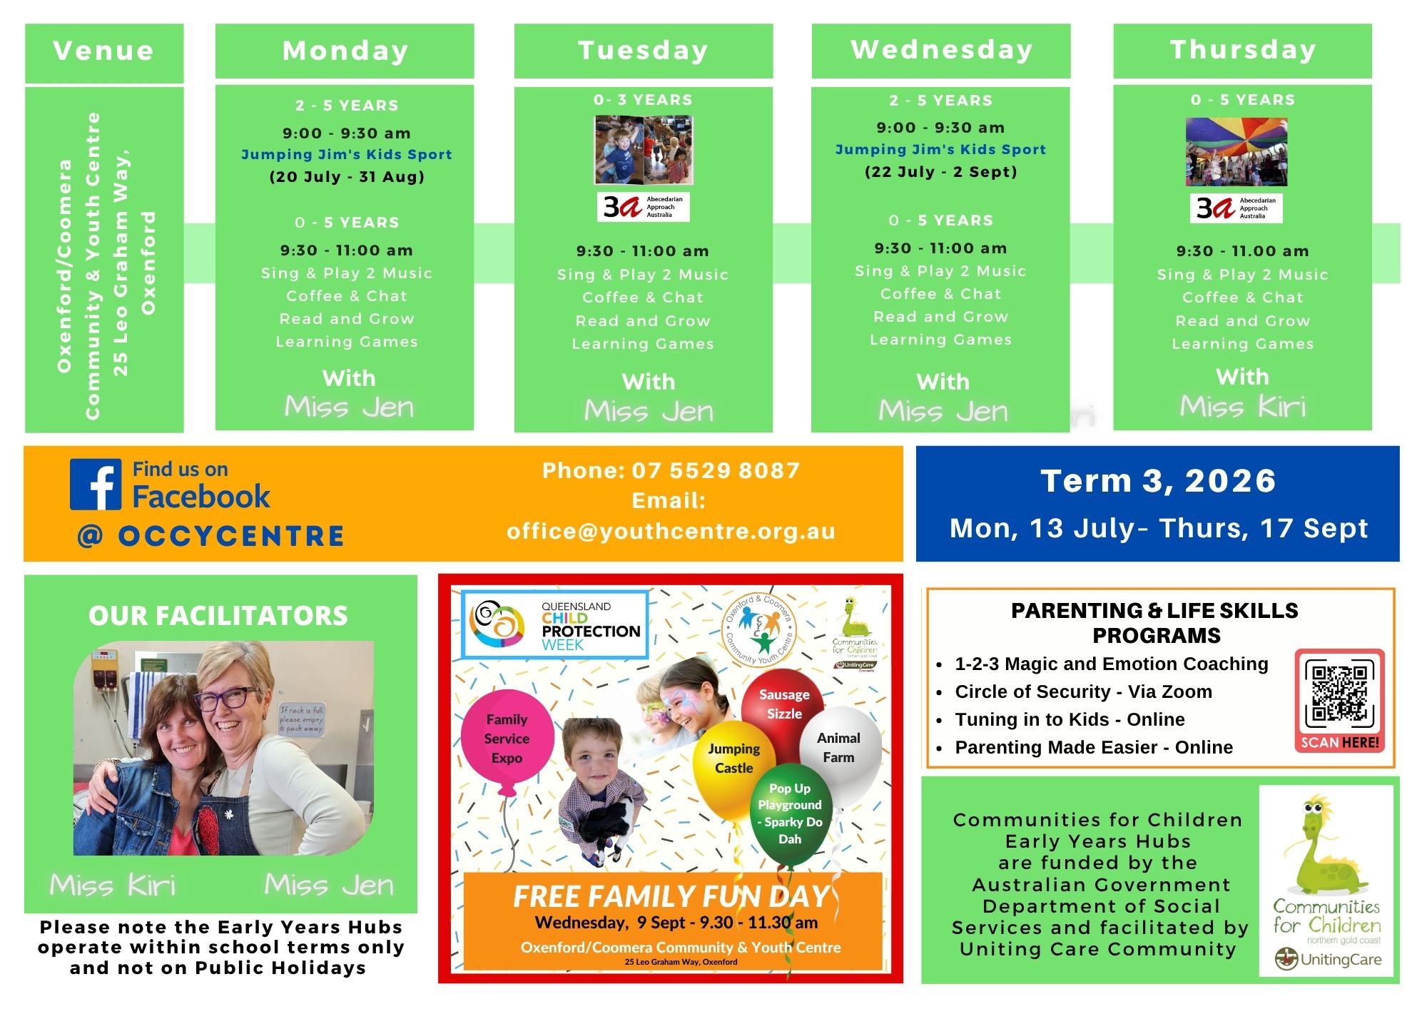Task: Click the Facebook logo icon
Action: click(96, 485)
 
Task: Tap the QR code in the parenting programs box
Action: click(1339, 693)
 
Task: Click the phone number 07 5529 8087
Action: click(716, 470)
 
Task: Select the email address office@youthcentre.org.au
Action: click(671, 531)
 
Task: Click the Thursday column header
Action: click(1242, 51)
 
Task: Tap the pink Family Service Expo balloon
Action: click(507, 739)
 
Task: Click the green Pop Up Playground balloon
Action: click(790, 813)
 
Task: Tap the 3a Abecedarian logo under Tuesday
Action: click(644, 207)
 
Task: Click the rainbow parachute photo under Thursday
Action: click(1236, 152)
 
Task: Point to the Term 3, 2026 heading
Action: click(1158, 481)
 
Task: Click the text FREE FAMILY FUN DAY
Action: click(671, 896)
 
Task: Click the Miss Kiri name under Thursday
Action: click(1243, 407)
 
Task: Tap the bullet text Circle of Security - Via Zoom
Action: click(1083, 691)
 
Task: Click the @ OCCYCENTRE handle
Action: click(210, 536)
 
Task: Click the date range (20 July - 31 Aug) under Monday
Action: click(347, 176)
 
